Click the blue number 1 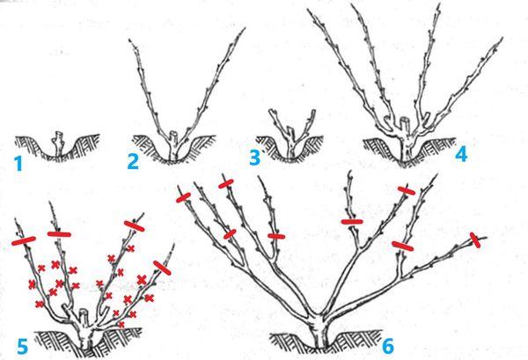18,164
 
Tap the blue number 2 133,161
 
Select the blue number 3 254,158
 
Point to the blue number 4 461,154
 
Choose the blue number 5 22,347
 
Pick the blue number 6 388,346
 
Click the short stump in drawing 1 59,143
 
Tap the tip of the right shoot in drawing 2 244,29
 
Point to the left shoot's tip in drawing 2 129,40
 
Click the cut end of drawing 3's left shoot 271,112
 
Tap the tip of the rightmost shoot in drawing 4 502,39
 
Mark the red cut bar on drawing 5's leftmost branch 24,241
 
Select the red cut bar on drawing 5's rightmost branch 162,268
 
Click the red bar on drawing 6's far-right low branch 476,240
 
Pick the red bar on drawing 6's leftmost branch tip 184,198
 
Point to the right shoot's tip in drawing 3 313,111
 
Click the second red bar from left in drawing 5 59,234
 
